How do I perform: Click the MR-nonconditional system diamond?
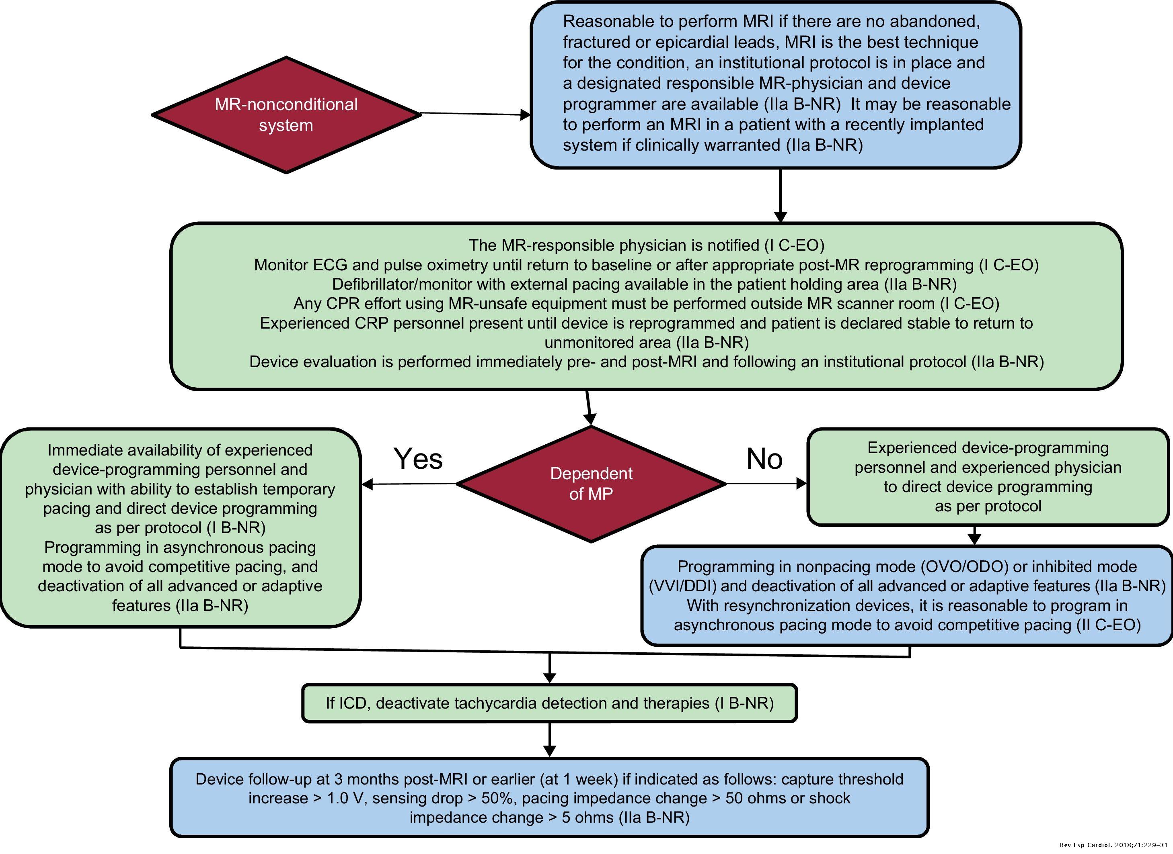(x=286, y=115)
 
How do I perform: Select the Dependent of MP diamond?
(x=591, y=484)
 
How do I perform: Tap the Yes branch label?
(x=418, y=459)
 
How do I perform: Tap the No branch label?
(x=764, y=459)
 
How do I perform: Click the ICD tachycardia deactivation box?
(x=549, y=703)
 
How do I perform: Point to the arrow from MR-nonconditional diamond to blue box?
(x=475, y=114)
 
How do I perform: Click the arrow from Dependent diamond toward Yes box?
(x=409, y=484)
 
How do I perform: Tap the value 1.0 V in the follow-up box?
(x=347, y=798)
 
